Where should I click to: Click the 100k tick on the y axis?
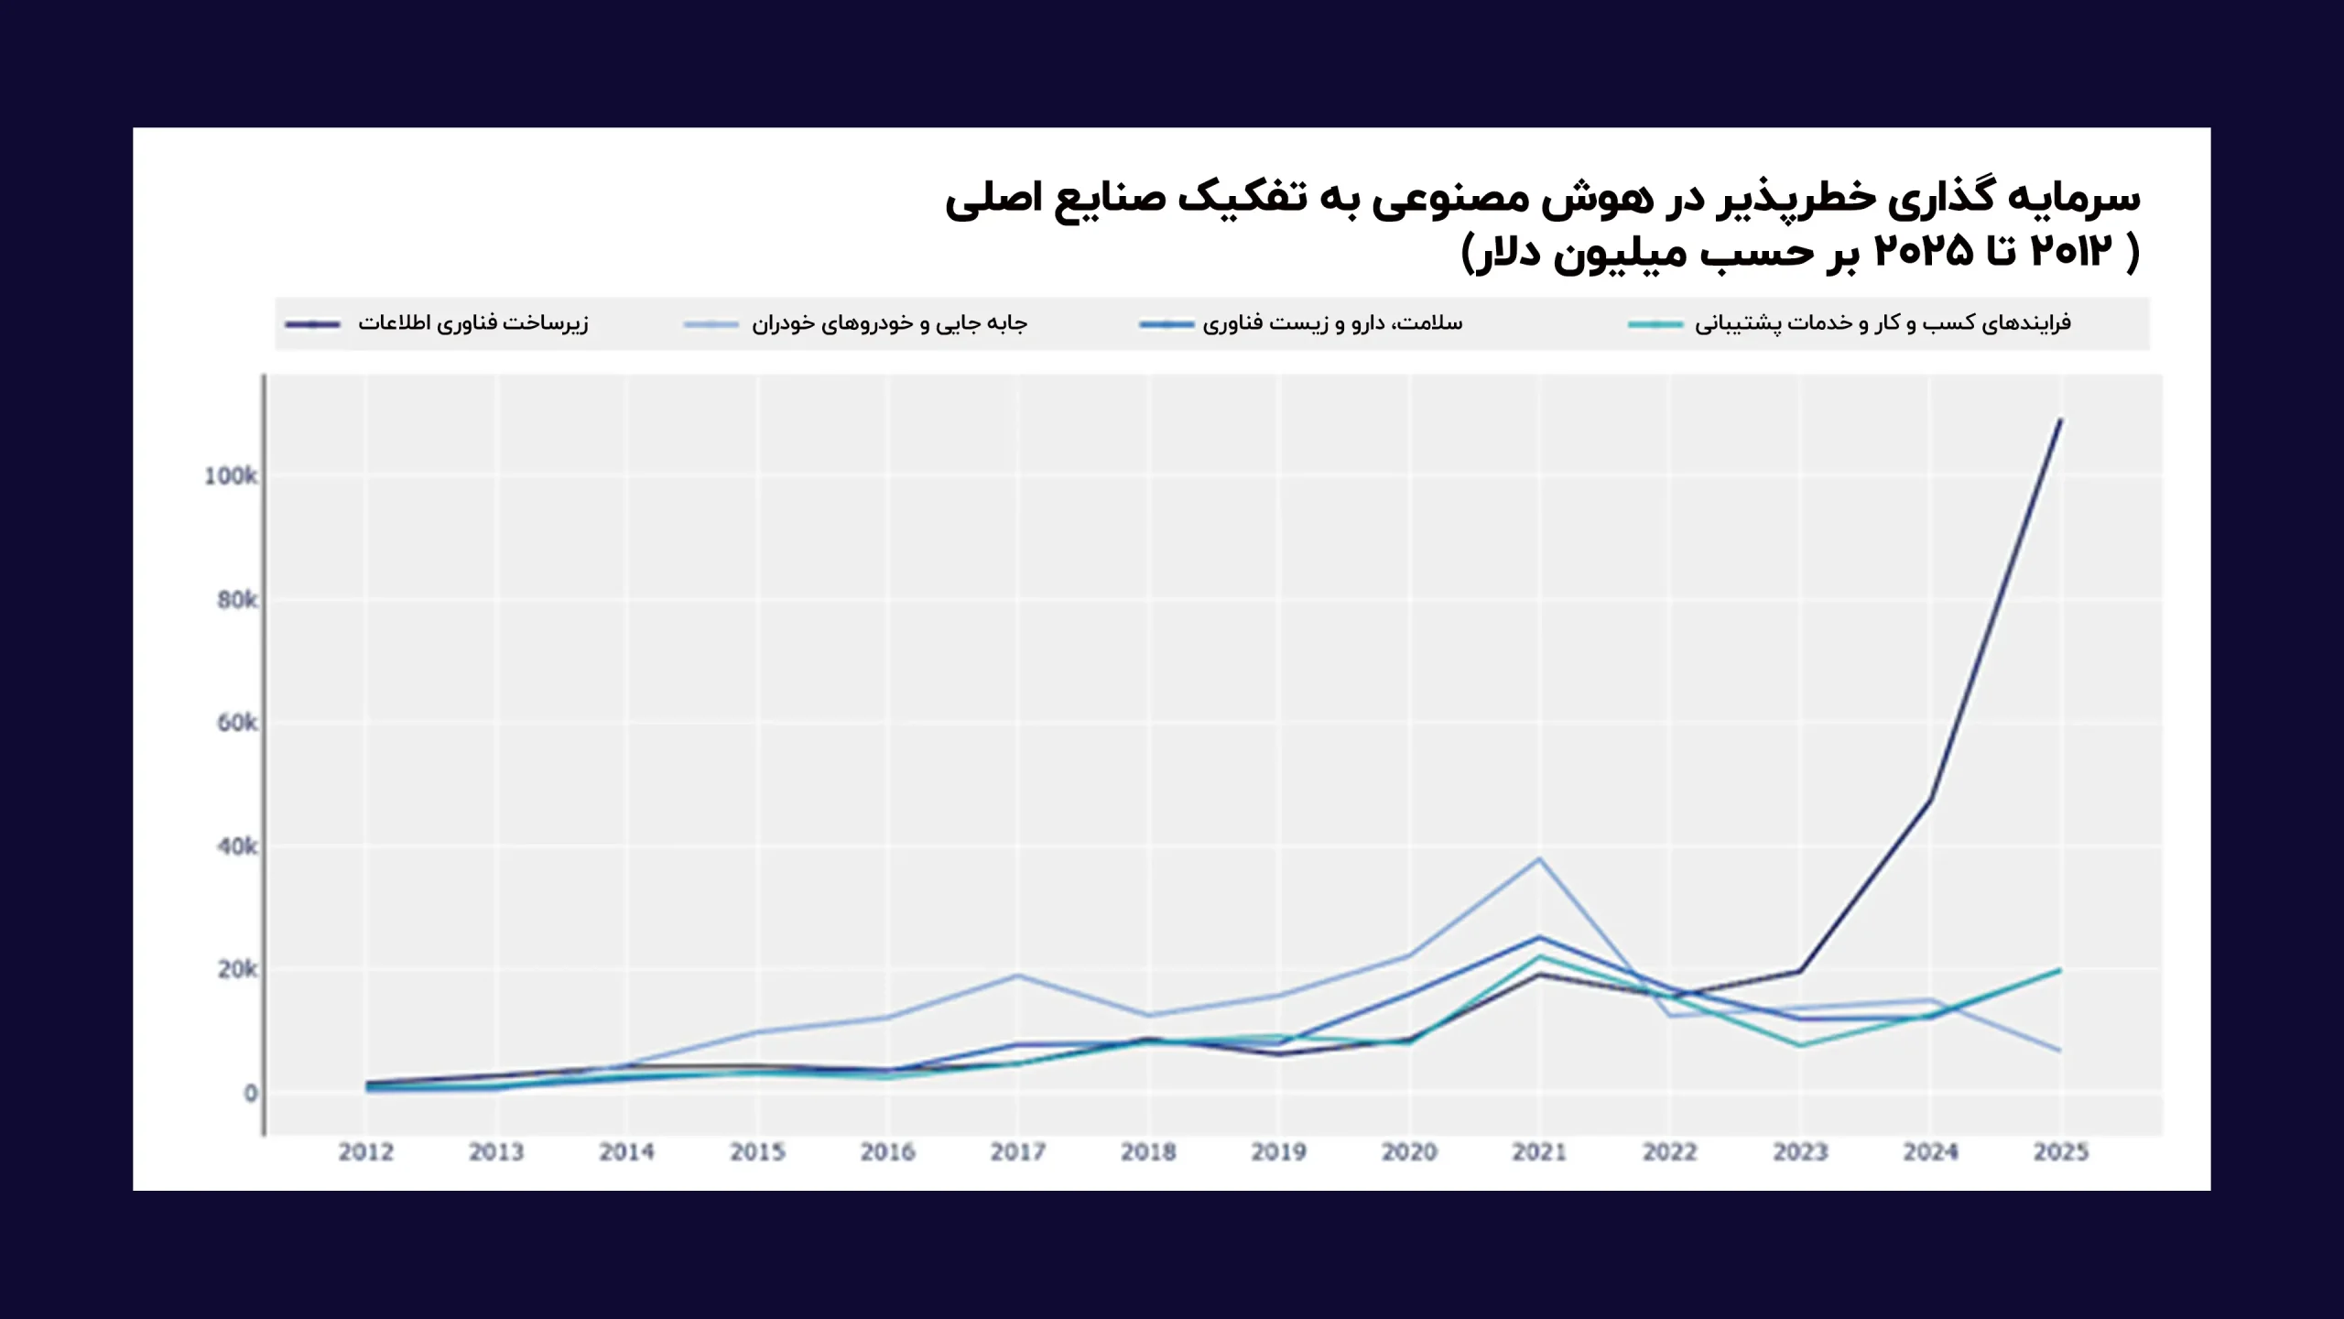coord(231,476)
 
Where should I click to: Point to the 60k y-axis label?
coord(237,723)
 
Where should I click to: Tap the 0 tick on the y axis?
coord(250,1093)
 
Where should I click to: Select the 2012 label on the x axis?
coord(366,1151)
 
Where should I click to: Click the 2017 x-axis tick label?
coord(1018,1151)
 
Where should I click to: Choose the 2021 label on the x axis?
coord(1539,1151)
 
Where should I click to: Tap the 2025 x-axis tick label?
coord(2060,1151)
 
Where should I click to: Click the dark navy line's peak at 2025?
coord(2060,420)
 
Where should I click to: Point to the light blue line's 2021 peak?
coord(1539,859)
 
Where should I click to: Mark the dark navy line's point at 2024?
coord(1930,800)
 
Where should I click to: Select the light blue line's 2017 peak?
coord(1018,975)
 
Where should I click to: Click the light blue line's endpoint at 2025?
coord(2060,1051)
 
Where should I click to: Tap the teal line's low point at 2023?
coord(1800,1045)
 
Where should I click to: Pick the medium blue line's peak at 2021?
coord(1539,936)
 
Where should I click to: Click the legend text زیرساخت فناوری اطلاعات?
coord(472,323)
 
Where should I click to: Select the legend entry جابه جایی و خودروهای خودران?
coord(889,323)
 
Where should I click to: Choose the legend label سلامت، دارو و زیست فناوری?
coord(1332,323)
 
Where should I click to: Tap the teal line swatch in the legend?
coord(1655,324)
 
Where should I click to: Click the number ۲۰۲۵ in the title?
coord(1924,251)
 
